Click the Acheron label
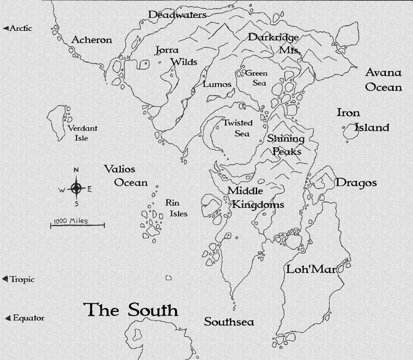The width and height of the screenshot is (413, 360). coord(92,40)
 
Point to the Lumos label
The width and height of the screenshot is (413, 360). coord(217,84)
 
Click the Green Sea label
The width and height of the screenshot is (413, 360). coord(256,78)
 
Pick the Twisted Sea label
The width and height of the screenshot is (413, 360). coord(237,128)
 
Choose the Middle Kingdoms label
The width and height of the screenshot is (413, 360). coord(256,197)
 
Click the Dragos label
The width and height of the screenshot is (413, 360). coord(356,183)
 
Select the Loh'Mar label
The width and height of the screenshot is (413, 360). coord(306,269)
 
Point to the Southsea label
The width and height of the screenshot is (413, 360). coord(229,322)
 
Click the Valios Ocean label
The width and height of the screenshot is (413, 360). coord(126,175)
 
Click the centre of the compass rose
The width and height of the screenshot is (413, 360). coord(76,189)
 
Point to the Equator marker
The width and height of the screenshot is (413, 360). coord(25,318)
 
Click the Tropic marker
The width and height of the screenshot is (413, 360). coord(19,279)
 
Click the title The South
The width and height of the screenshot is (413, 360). coord(131,309)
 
